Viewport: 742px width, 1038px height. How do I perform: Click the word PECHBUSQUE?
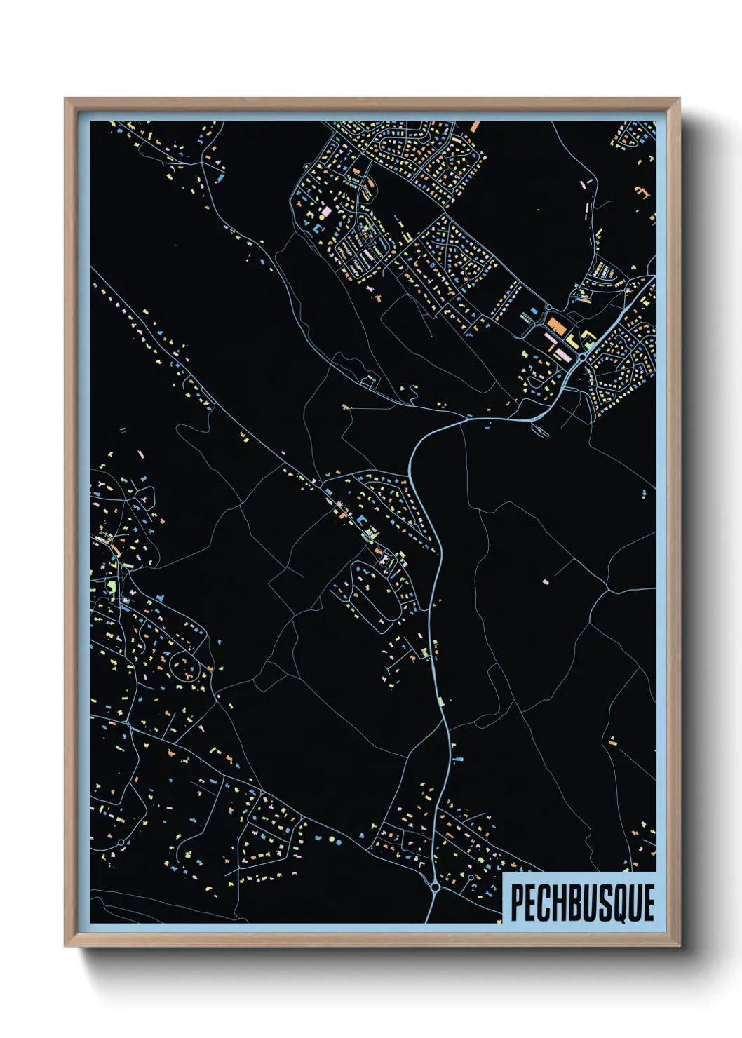tap(582, 903)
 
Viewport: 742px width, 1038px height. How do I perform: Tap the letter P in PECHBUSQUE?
tap(517, 903)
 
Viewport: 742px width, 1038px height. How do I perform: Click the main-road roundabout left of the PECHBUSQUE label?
tap(436, 887)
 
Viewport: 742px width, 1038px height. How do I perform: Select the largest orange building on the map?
tap(557, 325)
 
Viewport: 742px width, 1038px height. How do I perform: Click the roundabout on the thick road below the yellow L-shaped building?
tap(583, 358)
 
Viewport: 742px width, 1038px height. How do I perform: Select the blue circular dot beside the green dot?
tap(339, 840)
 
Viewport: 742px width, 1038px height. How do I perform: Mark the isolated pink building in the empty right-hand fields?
tap(546, 581)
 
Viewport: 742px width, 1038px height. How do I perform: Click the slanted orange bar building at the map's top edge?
tap(475, 126)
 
